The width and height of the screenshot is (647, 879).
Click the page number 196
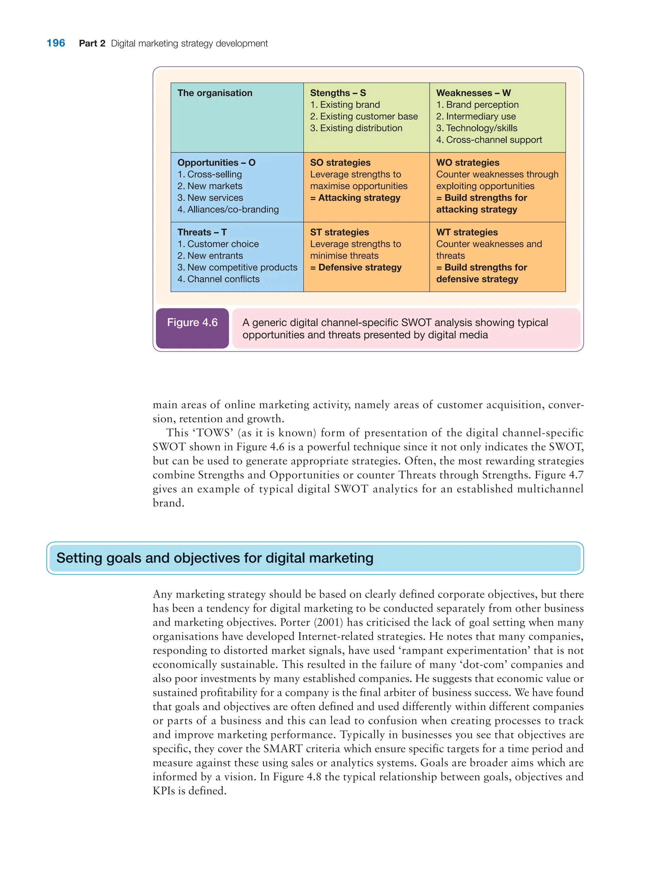click(56, 43)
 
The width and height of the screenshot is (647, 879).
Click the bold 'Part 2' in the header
click(92, 44)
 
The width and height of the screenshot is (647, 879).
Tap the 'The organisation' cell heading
click(215, 93)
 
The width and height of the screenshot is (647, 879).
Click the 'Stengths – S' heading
click(338, 93)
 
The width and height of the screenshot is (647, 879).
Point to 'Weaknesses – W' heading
click(473, 93)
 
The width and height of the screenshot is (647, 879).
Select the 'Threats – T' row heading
click(202, 232)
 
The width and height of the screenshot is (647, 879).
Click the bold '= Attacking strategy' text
click(355, 198)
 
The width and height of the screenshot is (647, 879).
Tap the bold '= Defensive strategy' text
click(356, 268)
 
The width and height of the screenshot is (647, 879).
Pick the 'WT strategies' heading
click(467, 232)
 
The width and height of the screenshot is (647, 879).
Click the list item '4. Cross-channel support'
click(489, 140)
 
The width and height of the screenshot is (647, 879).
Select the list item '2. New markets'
click(209, 186)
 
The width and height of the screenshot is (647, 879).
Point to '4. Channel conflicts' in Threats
click(218, 279)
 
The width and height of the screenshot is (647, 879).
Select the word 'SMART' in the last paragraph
click(282, 749)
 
